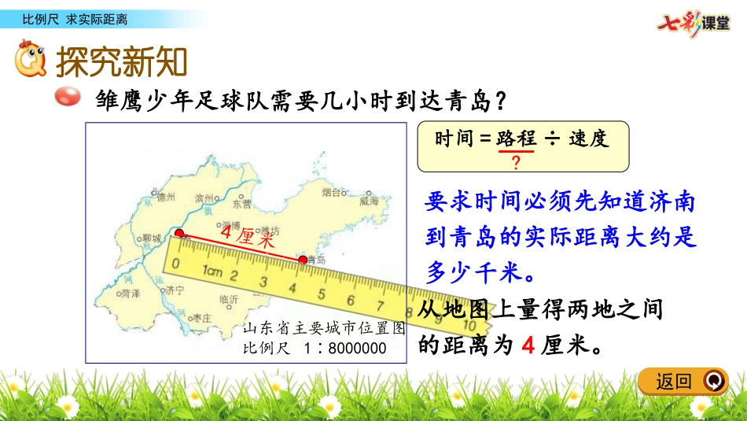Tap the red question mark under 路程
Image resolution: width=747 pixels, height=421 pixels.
click(x=516, y=163)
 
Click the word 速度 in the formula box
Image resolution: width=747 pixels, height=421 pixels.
click(x=588, y=138)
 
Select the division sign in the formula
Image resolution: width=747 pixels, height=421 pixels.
click(x=551, y=139)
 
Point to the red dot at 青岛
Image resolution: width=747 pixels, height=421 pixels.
click(x=303, y=259)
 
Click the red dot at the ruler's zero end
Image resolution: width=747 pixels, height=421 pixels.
click(x=180, y=234)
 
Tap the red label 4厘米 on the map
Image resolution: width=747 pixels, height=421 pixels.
click(x=248, y=235)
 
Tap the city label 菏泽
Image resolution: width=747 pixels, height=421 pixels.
click(x=131, y=292)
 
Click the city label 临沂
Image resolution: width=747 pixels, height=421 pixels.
click(x=230, y=300)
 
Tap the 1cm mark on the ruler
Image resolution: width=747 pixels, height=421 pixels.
click(x=211, y=271)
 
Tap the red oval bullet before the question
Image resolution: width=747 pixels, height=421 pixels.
click(x=68, y=98)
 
